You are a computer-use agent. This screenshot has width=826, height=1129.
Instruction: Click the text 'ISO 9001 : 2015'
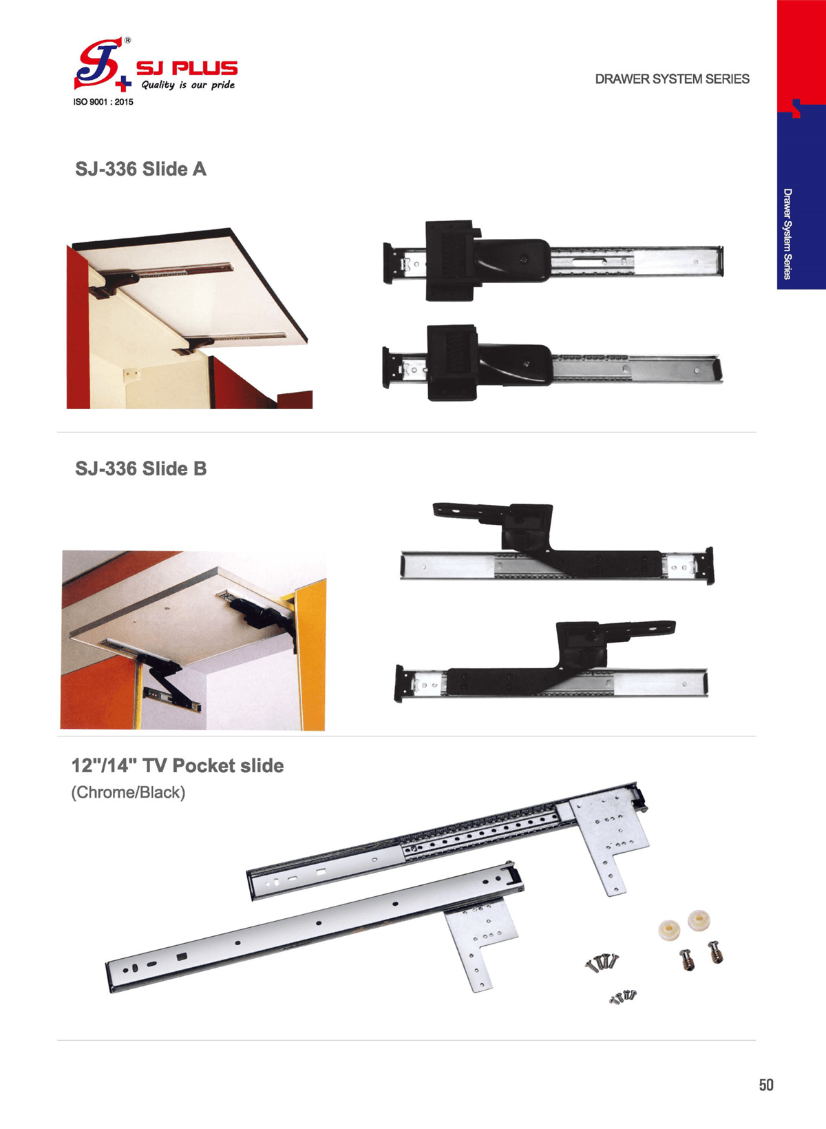pos(103,102)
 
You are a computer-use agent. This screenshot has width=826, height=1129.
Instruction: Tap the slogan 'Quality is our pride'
pos(188,85)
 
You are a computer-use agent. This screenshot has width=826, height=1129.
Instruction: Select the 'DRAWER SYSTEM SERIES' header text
pos(672,79)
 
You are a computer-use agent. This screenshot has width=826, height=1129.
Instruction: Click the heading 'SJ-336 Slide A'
pos(141,169)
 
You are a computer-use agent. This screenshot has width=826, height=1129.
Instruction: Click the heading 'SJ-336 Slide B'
pos(141,468)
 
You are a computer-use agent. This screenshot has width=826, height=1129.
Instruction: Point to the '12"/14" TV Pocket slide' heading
pos(178,765)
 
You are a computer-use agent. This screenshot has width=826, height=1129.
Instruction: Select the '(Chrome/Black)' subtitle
pos(129,792)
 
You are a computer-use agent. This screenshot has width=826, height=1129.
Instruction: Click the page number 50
pos(766,1085)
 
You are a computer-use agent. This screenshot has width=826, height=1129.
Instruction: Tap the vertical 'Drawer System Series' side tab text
pos(787,234)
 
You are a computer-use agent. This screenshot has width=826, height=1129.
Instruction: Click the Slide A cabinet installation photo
pos(189,318)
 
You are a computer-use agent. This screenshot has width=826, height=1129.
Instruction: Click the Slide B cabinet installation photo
pos(193,640)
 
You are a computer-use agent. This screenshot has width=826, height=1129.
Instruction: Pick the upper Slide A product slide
pos(553,260)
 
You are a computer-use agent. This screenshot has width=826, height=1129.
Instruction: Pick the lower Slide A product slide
pos(552,363)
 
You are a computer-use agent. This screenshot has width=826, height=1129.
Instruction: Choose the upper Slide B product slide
pos(557,543)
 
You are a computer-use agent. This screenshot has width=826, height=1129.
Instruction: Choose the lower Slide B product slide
pos(551,661)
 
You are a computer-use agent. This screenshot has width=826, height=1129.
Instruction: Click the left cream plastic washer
pos(670,929)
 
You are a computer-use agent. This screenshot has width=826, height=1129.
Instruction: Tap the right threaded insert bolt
pos(715,951)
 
